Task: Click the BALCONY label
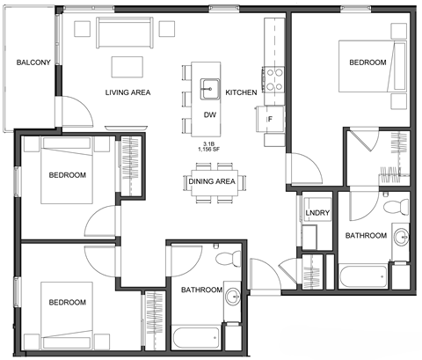(x=33, y=62)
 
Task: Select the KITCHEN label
(x=241, y=92)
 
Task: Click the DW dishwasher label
(x=209, y=115)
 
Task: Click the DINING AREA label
(x=212, y=181)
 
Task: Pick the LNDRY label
(x=316, y=214)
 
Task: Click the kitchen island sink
(x=209, y=87)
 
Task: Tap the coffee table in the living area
(x=127, y=67)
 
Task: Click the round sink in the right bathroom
(x=400, y=236)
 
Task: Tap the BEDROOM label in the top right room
(x=367, y=62)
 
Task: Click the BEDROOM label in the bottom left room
(x=67, y=303)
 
